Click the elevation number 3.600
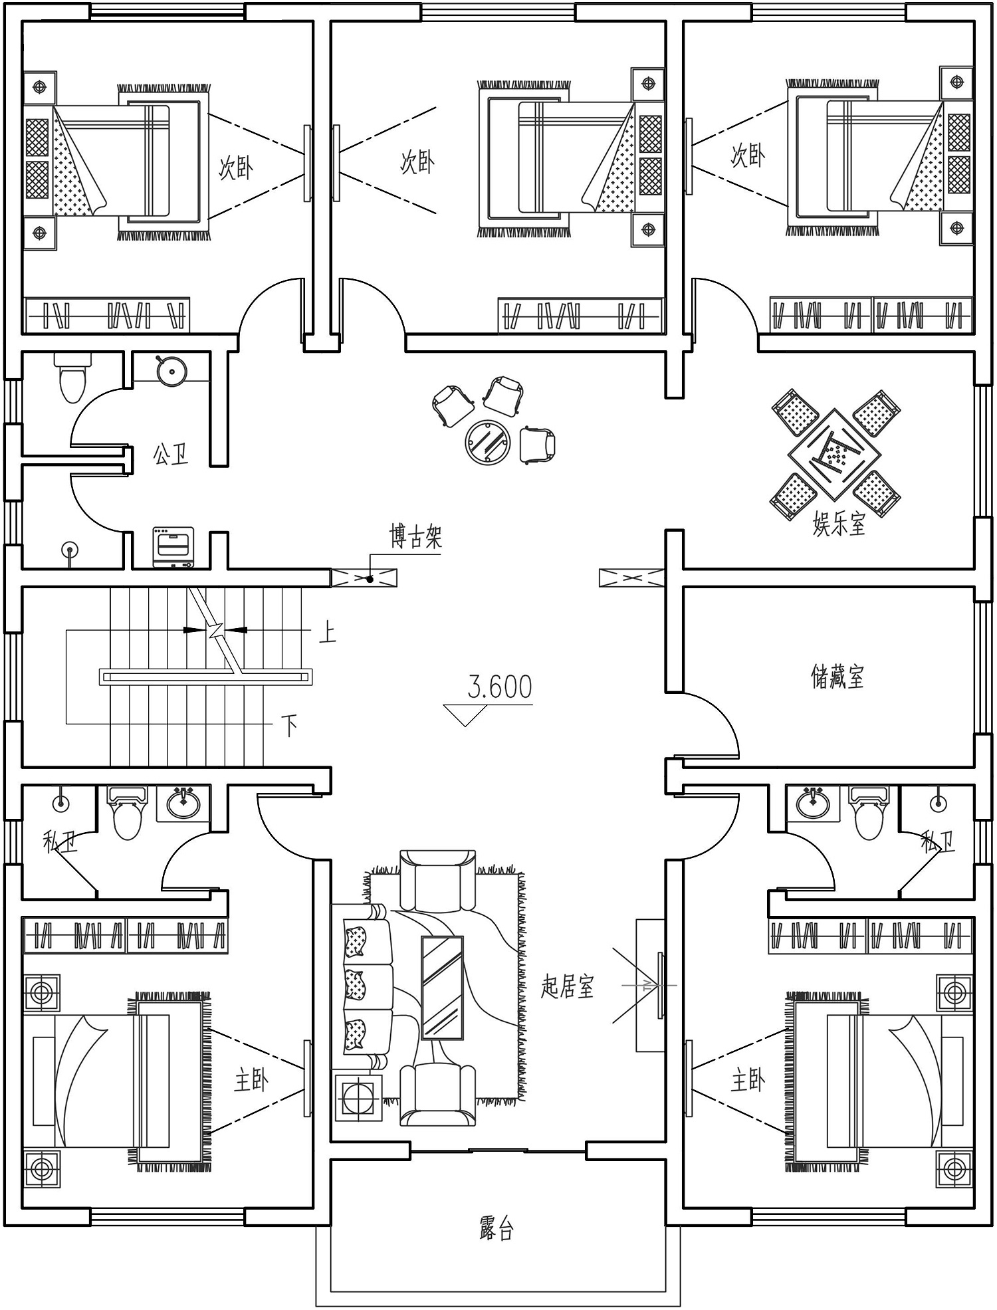[x=500, y=687]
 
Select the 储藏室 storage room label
[x=837, y=677]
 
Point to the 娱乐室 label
[x=839, y=524]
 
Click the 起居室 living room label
[x=567, y=986]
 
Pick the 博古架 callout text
[x=416, y=536]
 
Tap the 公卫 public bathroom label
[x=171, y=455]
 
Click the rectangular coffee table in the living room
[x=443, y=988]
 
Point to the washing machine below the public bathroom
[x=173, y=547]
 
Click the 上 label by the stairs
[x=328, y=631]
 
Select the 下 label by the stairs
[x=289, y=726]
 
